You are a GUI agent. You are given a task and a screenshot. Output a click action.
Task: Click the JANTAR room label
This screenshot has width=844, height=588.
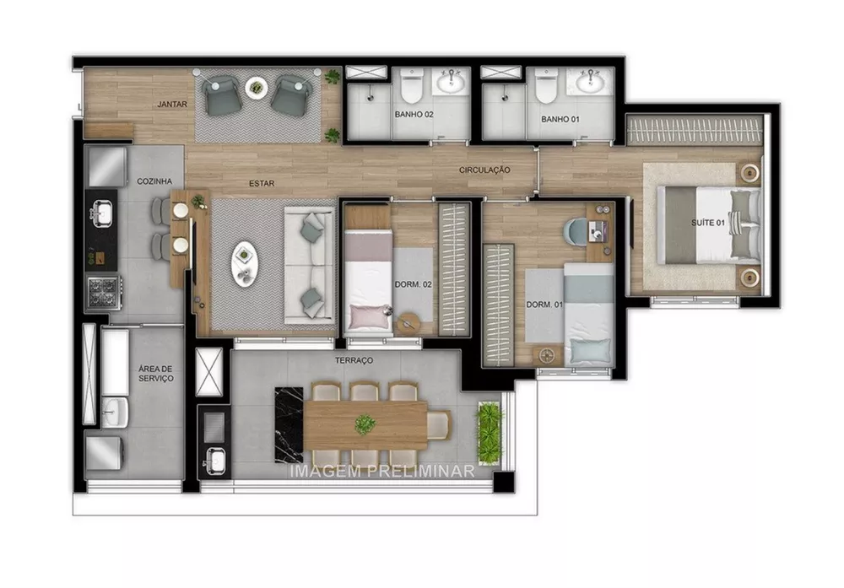click(171, 105)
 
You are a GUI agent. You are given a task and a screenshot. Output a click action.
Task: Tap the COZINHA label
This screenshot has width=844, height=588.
click(154, 181)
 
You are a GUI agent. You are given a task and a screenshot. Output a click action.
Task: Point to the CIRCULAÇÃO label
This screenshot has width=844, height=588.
click(484, 170)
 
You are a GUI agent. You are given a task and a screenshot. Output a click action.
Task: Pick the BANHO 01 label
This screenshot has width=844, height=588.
click(559, 119)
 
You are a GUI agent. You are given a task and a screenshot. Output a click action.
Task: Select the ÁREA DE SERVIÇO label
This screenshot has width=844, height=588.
click(156, 374)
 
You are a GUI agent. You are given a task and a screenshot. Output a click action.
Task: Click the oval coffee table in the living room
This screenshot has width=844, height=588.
click(244, 264)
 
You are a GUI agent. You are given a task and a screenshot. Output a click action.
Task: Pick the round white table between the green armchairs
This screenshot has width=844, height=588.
click(255, 86)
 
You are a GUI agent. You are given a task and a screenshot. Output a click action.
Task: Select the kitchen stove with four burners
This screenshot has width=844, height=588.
click(104, 292)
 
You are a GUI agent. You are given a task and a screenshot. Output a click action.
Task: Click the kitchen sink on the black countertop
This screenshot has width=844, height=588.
click(104, 213)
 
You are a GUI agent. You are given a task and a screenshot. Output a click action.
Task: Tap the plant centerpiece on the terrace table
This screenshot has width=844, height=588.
click(365, 423)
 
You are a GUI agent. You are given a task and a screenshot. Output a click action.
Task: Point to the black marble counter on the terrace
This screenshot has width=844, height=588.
click(289, 423)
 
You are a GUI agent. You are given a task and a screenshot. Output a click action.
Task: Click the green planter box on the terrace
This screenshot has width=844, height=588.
click(489, 433)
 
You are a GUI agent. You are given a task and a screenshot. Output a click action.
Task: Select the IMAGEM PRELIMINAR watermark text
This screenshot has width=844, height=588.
click(381, 472)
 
